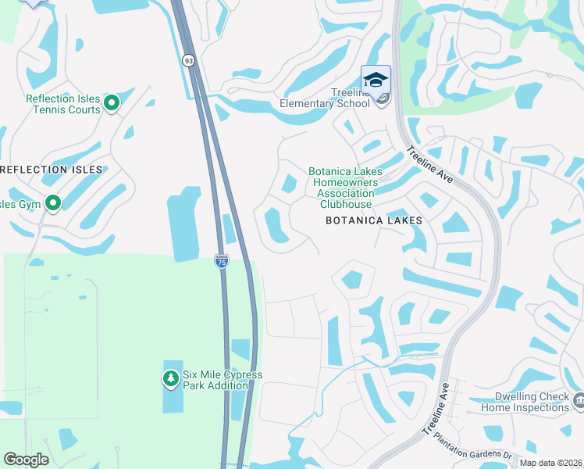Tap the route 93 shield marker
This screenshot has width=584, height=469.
(189, 60)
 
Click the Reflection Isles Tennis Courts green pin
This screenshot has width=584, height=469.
(112, 102)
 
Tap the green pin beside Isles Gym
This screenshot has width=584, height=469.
(53, 204)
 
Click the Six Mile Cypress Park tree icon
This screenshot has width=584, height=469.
(170, 379)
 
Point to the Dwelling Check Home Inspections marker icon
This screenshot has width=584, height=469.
(578, 401)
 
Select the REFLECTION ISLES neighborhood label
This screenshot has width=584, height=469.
(52, 170)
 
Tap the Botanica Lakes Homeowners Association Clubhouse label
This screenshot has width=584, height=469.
(343, 188)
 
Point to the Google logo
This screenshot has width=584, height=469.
(27, 460)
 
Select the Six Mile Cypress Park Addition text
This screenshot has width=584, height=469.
(223, 380)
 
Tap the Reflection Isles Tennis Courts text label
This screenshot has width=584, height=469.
(63, 104)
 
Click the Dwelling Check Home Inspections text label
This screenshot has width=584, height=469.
(525, 402)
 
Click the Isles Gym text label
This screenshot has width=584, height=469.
(20, 205)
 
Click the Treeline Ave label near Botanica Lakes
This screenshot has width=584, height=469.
(429, 164)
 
